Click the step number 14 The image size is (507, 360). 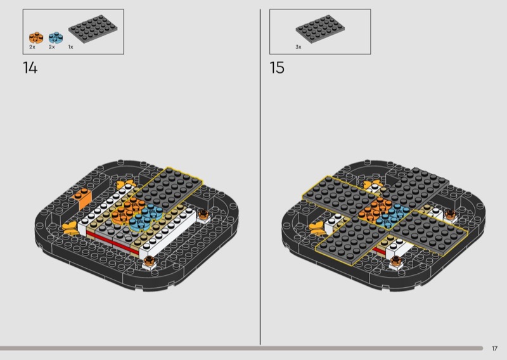30,68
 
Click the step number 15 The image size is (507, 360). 277,68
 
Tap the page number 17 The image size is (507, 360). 495,349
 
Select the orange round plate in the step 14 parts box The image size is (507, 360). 36,37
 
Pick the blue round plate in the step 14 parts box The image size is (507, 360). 56,37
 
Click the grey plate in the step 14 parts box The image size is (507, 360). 93,29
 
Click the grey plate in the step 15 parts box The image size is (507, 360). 320,29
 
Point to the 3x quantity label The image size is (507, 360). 298,47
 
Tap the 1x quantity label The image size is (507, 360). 71,47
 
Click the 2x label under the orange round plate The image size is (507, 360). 32,47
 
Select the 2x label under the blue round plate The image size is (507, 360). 52,47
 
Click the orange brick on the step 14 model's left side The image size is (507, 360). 82,198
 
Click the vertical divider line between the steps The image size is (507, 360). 260,177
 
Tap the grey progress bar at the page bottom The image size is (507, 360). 241,349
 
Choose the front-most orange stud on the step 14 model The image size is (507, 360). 149,260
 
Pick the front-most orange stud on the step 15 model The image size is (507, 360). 395,260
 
